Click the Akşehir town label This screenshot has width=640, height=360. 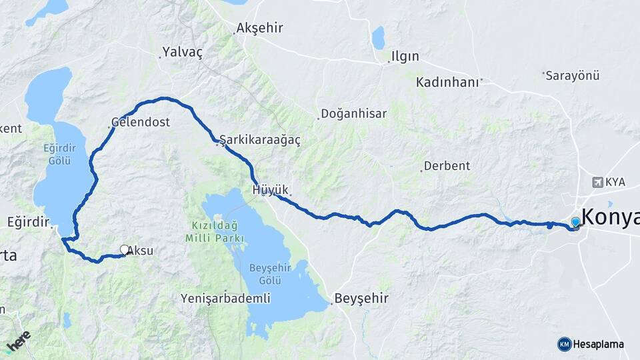point(260,28)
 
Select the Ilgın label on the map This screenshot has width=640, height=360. point(405,56)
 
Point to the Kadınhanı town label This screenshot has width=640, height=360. point(447,82)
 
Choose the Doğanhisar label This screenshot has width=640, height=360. point(353,114)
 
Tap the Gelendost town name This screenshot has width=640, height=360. point(141,123)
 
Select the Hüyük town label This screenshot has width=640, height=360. point(270,191)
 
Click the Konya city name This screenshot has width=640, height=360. point(610,218)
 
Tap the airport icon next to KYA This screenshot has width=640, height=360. point(597,182)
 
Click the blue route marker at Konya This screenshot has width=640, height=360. point(575,223)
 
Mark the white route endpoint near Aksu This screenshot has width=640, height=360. point(124,250)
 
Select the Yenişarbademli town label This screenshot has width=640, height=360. point(225,299)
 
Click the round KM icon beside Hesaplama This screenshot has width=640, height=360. point(564,344)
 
